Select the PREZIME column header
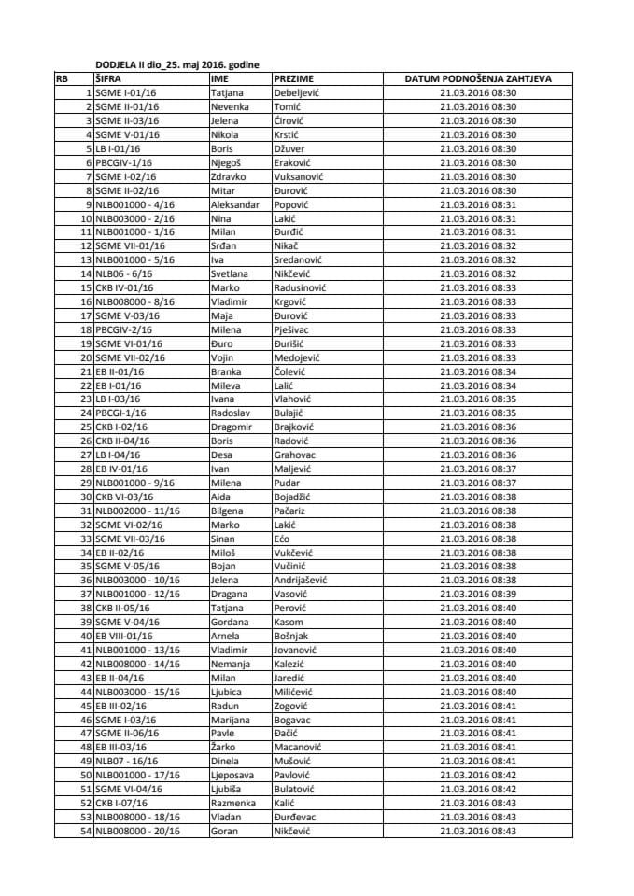pyautogui.click(x=293, y=79)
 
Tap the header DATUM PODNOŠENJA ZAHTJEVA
pyautogui.click(x=477, y=79)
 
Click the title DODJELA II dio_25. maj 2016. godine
pyautogui.click(x=177, y=64)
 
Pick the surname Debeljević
pyautogui.click(x=299, y=93)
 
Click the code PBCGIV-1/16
pyautogui.click(x=126, y=162)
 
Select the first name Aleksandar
pyautogui.click(x=235, y=204)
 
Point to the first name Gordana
pyautogui.click(x=231, y=622)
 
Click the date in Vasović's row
pyautogui.click(x=477, y=594)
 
